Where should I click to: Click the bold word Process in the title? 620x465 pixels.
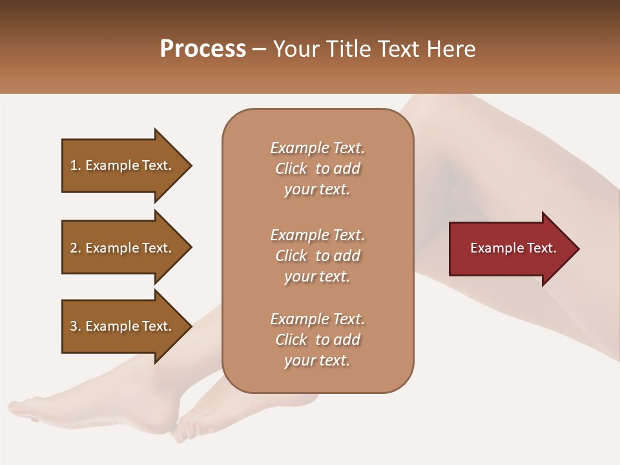tap(203, 49)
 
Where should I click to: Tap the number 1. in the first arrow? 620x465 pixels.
tap(76, 165)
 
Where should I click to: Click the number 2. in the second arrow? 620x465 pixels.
tap(76, 248)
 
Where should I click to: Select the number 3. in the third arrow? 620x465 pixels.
tap(76, 326)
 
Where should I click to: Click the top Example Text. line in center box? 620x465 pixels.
tap(317, 148)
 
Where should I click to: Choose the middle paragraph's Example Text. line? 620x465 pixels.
tap(317, 234)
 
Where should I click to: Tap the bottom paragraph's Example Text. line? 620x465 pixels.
tap(317, 319)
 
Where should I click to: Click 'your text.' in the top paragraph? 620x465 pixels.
tap(316, 190)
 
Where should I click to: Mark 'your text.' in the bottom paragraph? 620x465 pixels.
tap(316, 361)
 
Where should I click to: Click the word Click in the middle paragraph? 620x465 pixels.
tap(291, 256)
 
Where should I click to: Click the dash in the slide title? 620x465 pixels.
tap(259, 50)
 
